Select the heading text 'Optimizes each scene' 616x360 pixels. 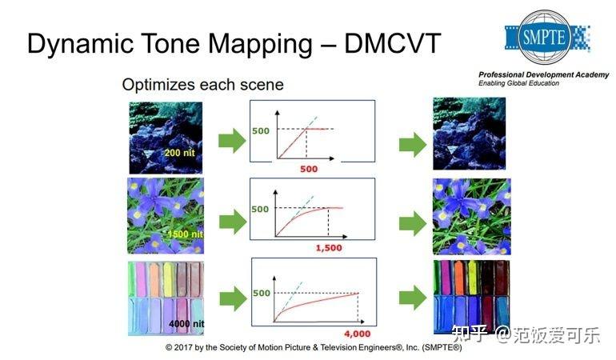pyautogui.click(x=202, y=84)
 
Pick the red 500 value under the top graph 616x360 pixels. pyautogui.click(x=308, y=169)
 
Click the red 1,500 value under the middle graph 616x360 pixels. pyautogui.click(x=328, y=248)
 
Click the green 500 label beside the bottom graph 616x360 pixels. pyautogui.click(x=261, y=293)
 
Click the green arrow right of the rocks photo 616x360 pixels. pyautogui.click(x=231, y=143)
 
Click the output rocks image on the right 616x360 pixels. pyautogui.click(x=469, y=134)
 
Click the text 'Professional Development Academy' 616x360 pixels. pyautogui.click(x=543, y=74)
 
